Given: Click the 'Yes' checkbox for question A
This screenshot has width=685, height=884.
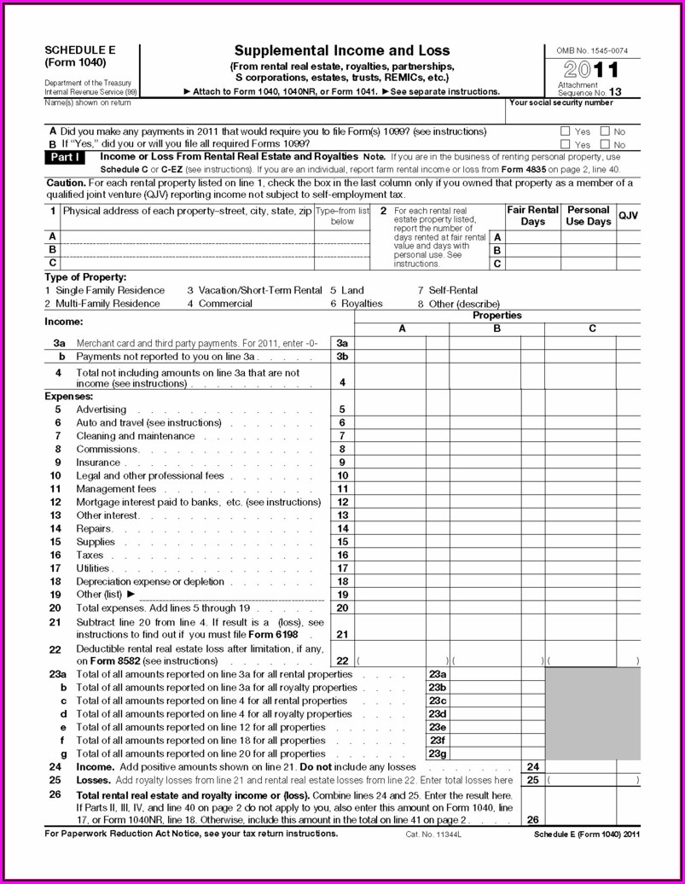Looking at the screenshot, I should tap(565, 131).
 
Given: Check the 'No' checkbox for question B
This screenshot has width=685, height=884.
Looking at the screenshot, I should tap(605, 144).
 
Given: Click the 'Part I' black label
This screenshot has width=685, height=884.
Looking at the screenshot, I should tap(65, 158).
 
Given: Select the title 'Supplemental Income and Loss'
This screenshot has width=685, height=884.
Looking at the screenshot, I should tap(342, 51).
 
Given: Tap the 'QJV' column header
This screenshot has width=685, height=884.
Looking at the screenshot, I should tap(629, 216).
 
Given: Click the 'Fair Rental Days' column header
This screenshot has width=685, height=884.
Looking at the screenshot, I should tap(532, 216).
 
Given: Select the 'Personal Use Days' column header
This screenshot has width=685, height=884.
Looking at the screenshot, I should tap(589, 216).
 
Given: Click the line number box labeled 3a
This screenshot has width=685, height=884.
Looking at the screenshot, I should tap(342, 343).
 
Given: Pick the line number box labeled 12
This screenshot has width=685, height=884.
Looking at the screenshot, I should tap(342, 503).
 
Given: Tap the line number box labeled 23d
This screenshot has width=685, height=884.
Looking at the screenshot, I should tap(438, 714).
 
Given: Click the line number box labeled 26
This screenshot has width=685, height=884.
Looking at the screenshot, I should tap(533, 820).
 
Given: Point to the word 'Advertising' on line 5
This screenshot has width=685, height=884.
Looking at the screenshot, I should tap(102, 410).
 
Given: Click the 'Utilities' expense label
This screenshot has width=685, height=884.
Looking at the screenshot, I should tap(93, 568).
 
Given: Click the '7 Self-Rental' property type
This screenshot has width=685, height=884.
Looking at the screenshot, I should tap(448, 290).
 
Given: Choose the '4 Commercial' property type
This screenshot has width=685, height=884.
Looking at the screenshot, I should tap(219, 304).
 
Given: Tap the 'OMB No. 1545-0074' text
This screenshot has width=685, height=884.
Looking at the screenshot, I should tap(592, 51).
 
